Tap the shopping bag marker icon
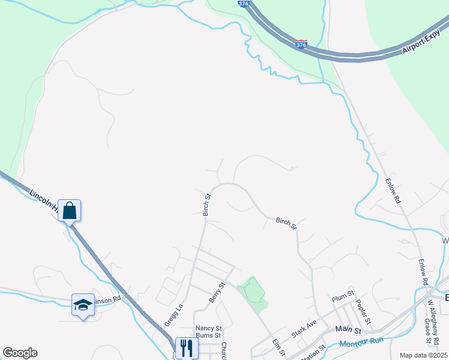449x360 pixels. click(70, 211)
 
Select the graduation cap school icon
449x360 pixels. click(82, 304)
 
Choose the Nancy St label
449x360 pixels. click(209, 329)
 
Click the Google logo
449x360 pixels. click(20, 352)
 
